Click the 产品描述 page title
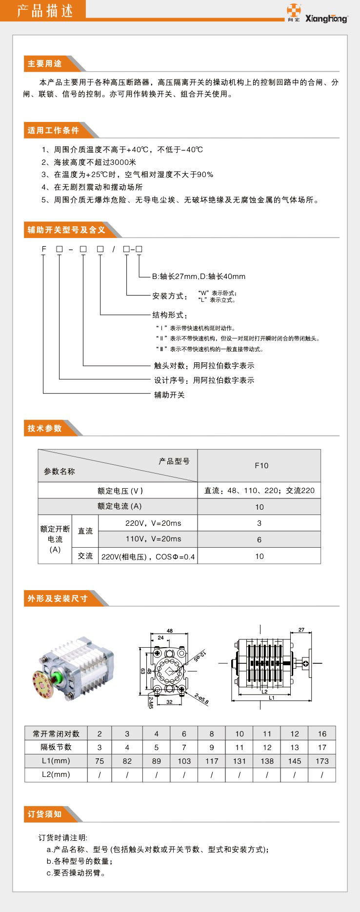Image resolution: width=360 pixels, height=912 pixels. pos(45,11)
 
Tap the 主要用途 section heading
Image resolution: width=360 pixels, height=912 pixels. pos(45,64)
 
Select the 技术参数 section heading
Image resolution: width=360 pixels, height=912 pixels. pos(45,428)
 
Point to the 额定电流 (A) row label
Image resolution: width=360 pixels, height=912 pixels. pos(119,506)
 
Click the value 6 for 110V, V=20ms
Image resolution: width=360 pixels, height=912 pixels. pos(259,539)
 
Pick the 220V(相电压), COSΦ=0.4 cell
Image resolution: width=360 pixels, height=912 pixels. pos(148,556)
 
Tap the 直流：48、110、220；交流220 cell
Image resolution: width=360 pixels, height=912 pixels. pos(259,491)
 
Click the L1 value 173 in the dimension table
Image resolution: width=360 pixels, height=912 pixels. pos(322,761)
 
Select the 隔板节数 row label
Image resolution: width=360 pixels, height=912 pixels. pos(56,747)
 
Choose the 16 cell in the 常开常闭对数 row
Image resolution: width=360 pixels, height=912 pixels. pos(322,734)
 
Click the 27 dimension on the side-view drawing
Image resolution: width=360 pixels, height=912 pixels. pos(301,630)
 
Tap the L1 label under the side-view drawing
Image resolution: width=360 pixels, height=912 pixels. pos(271,697)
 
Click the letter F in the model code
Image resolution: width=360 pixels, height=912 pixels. pos(44,249)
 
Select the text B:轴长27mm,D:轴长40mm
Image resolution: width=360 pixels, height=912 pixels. pos(199,277)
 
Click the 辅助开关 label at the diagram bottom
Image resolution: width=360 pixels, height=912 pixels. pos(169,395)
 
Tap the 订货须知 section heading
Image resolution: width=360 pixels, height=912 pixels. pos(45,814)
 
